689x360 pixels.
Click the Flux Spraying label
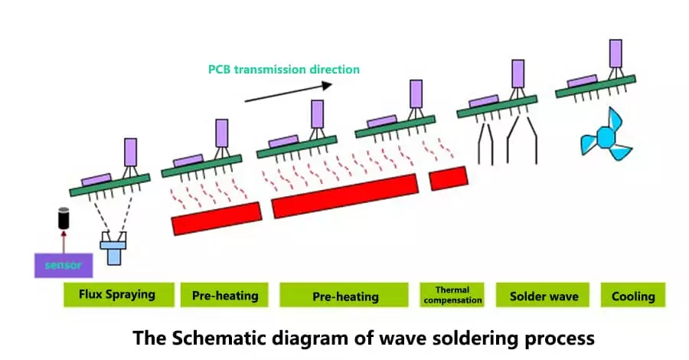click(x=117, y=295)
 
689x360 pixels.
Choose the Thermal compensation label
click(x=452, y=295)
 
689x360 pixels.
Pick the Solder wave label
click(x=544, y=296)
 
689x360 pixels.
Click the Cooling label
click(x=633, y=296)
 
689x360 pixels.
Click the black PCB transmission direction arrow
click(x=289, y=90)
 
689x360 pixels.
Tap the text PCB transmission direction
click(x=284, y=69)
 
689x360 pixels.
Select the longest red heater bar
click(x=344, y=196)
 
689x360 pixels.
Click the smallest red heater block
click(x=448, y=178)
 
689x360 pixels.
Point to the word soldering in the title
click(x=473, y=337)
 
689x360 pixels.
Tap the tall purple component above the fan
click(x=615, y=53)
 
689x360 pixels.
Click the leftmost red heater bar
click(x=216, y=219)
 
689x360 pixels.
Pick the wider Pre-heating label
click(x=345, y=296)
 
